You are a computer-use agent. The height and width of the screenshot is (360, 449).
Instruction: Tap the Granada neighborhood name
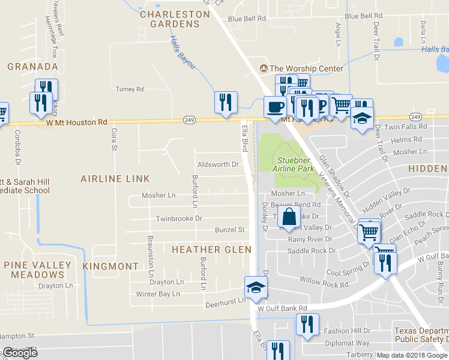pyautogui.click(x=32, y=67)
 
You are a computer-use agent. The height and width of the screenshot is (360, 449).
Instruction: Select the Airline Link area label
pyautogui.click(x=115, y=179)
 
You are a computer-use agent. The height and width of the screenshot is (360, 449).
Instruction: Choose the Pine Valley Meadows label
pyautogui.click(x=37, y=270)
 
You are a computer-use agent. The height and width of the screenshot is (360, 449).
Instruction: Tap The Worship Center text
pyautogui.click(x=306, y=68)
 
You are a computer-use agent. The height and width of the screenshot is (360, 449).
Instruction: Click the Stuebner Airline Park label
pyautogui.click(x=294, y=164)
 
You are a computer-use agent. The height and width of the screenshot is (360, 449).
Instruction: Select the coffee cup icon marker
pyautogui.click(x=275, y=107)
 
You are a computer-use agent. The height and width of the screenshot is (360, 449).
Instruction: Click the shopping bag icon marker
pyautogui.click(x=289, y=217)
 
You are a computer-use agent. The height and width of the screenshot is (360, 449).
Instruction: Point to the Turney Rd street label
pyautogui.click(x=130, y=89)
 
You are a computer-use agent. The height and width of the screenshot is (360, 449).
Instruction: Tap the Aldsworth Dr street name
pyautogui.click(x=218, y=164)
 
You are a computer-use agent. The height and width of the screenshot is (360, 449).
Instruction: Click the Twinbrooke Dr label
pyautogui.click(x=179, y=219)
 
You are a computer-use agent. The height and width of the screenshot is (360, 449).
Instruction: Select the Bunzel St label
pyautogui.click(x=231, y=230)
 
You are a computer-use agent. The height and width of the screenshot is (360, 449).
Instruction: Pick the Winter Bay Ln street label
pyautogui.click(x=158, y=294)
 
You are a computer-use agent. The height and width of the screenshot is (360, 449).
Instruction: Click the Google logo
pyautogui.click(x=20, y=353)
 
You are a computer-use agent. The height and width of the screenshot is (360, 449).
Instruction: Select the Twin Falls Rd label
pyautogui.click(x=405, y=127)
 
